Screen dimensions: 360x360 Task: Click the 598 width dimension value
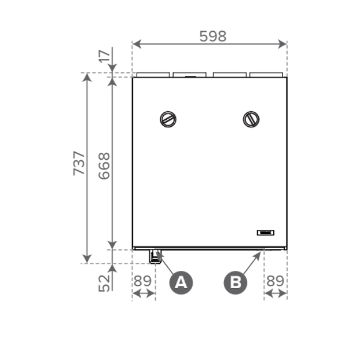coord(212,36)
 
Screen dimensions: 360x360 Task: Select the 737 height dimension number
coord(79,163)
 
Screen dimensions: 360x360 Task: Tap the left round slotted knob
coord(168,119)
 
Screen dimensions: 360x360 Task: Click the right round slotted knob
coord(251,119)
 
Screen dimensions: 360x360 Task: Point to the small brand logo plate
coord(266,233)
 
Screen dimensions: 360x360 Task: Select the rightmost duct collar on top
coord(267,75)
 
